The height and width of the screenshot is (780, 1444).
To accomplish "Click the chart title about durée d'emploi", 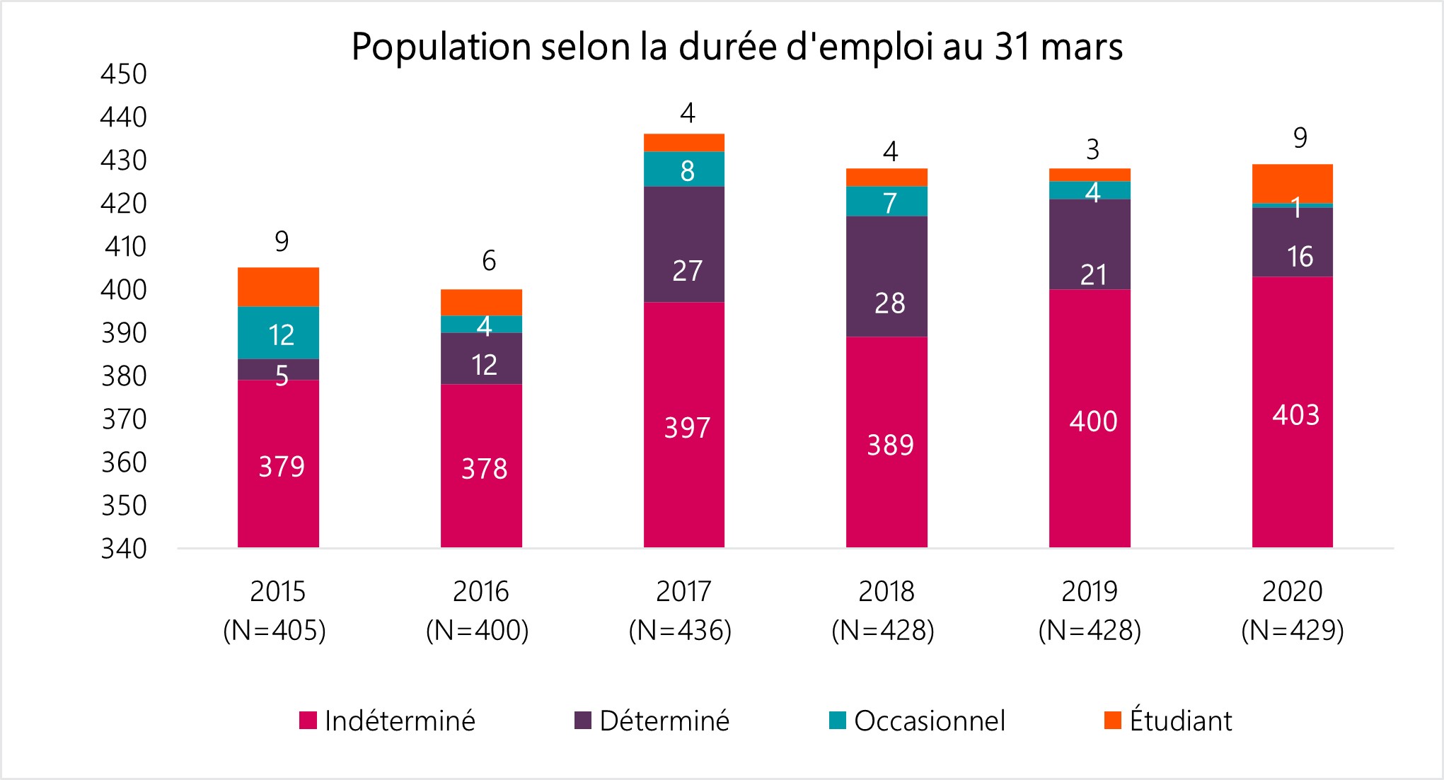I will (x=737, y=47).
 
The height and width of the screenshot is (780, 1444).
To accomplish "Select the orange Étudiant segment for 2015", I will (x=278, y=286).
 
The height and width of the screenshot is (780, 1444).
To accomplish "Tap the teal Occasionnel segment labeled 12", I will (x=278, y=333).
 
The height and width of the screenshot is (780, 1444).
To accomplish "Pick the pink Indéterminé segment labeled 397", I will (x=683, y=424).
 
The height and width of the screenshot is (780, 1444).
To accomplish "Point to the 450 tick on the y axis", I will (x=124, y=74).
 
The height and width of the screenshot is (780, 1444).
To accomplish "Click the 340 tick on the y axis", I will (x=124, y=549).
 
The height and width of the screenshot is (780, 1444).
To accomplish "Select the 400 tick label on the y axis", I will (x=124, y=290).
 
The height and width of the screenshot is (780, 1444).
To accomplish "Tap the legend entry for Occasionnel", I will (x=929, y=721).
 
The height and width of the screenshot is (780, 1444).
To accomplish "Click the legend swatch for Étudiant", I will (x=1112, y=721).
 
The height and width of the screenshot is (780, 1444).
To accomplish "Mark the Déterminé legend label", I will (x=664, y=721).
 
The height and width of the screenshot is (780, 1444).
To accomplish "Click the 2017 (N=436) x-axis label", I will (x=681, y=610).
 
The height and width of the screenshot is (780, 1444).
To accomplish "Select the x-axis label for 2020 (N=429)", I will (x=1293, y=610).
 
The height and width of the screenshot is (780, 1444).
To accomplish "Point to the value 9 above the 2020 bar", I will (x=1300, y=138).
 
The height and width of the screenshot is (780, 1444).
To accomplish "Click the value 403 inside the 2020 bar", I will (x=1295, y=415).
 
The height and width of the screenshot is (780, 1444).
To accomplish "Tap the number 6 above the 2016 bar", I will (x=489, y=261).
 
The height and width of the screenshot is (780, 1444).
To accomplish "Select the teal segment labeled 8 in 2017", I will (x=683, y=169).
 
